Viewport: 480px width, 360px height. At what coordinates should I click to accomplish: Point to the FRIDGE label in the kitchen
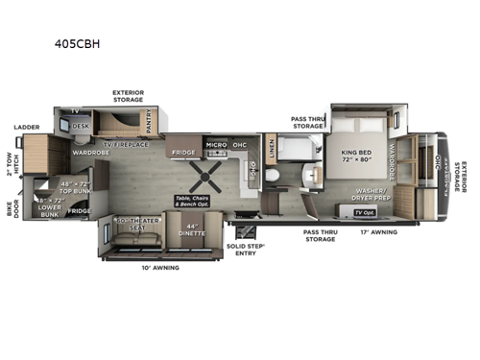pos(184,152)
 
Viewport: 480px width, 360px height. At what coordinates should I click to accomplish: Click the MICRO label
pos(216,146)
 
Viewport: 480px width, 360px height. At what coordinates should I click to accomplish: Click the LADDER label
pos(26,127)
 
